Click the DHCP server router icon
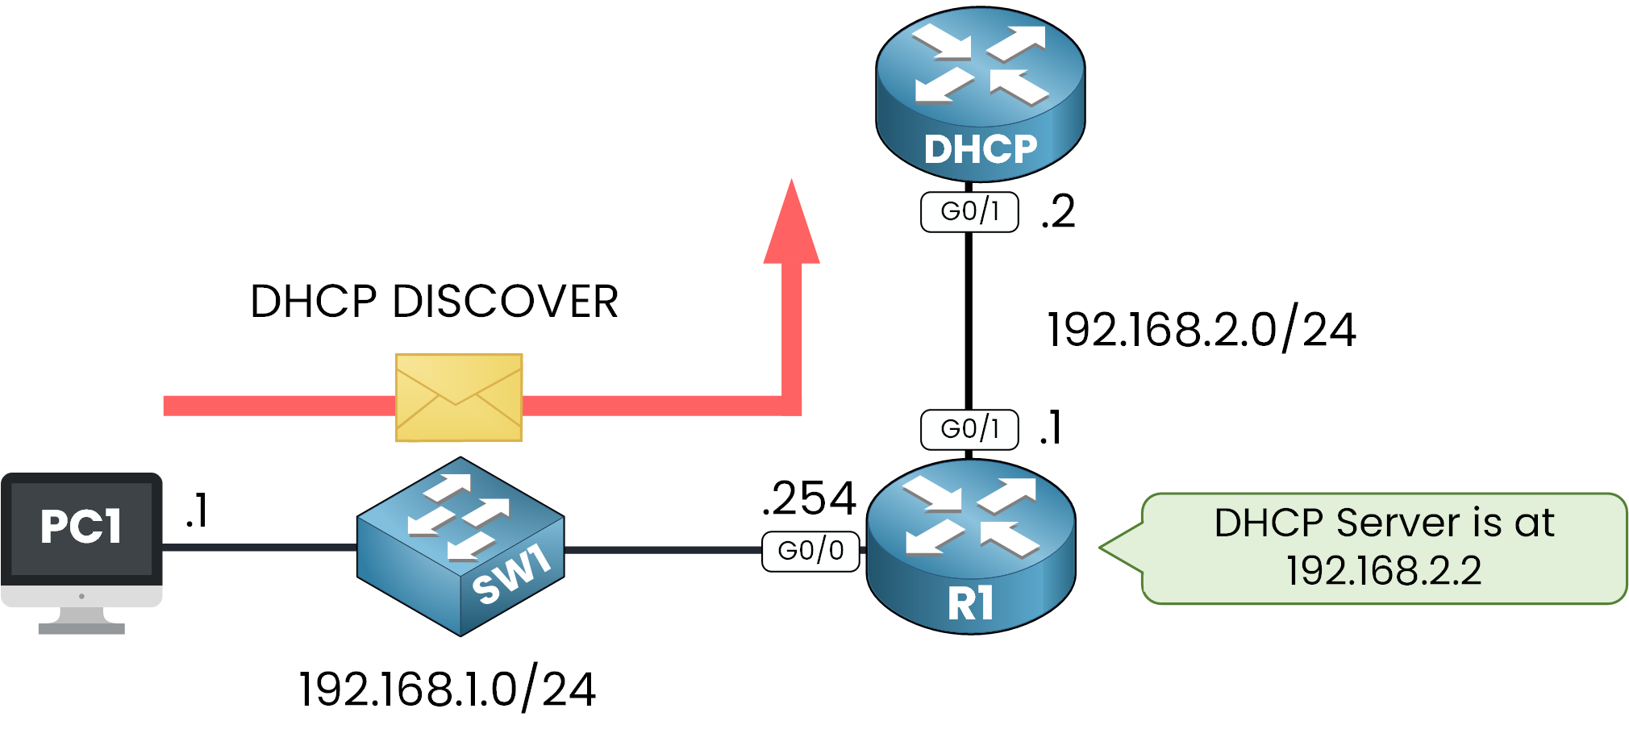tap(980, 93)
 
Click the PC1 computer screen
tap(81, 528)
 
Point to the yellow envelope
tap(459, 398)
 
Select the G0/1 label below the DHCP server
tap(969, 212)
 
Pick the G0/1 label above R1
tap(969, 430)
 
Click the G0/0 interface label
tap(810, 552)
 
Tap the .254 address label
tap(809, 498)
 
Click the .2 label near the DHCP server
tap(1058, 212)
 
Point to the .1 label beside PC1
tap(197, 511)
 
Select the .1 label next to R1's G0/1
tap(1051, 428)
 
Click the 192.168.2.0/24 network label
tap(1201, 330)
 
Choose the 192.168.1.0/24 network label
tap(448, 690)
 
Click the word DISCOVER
tap(505, 302)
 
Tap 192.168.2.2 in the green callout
tap(1384, 571)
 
